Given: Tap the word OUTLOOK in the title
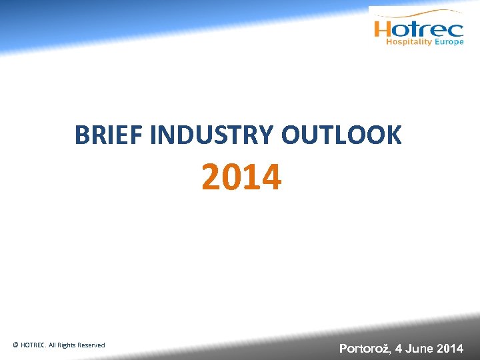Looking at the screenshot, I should point(341,135).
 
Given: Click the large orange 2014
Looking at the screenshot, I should point(241,178).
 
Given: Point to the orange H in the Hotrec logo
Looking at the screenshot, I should point(384,29).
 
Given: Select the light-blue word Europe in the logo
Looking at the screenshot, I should point(449,42).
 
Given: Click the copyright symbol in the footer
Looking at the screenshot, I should point(15,345).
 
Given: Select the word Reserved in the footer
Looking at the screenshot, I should point(91,345).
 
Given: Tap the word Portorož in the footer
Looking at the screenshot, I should point(364,348).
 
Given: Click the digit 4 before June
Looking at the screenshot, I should point(398,348).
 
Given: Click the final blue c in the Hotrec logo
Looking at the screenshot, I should point(455,30).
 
